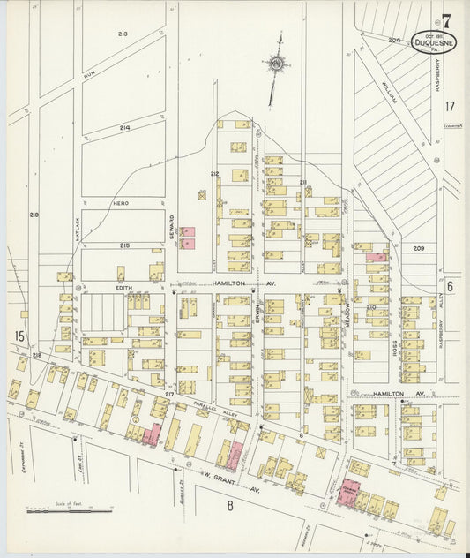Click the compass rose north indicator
tap(278, 64)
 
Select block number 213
tap(123, 34)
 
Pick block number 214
tap(124, 128)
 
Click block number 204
tap(393, 40)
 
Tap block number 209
tap(418, 248)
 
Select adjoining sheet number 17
tap(450, 106)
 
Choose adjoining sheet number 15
tap(19, 336)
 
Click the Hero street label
tap(121, 202)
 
